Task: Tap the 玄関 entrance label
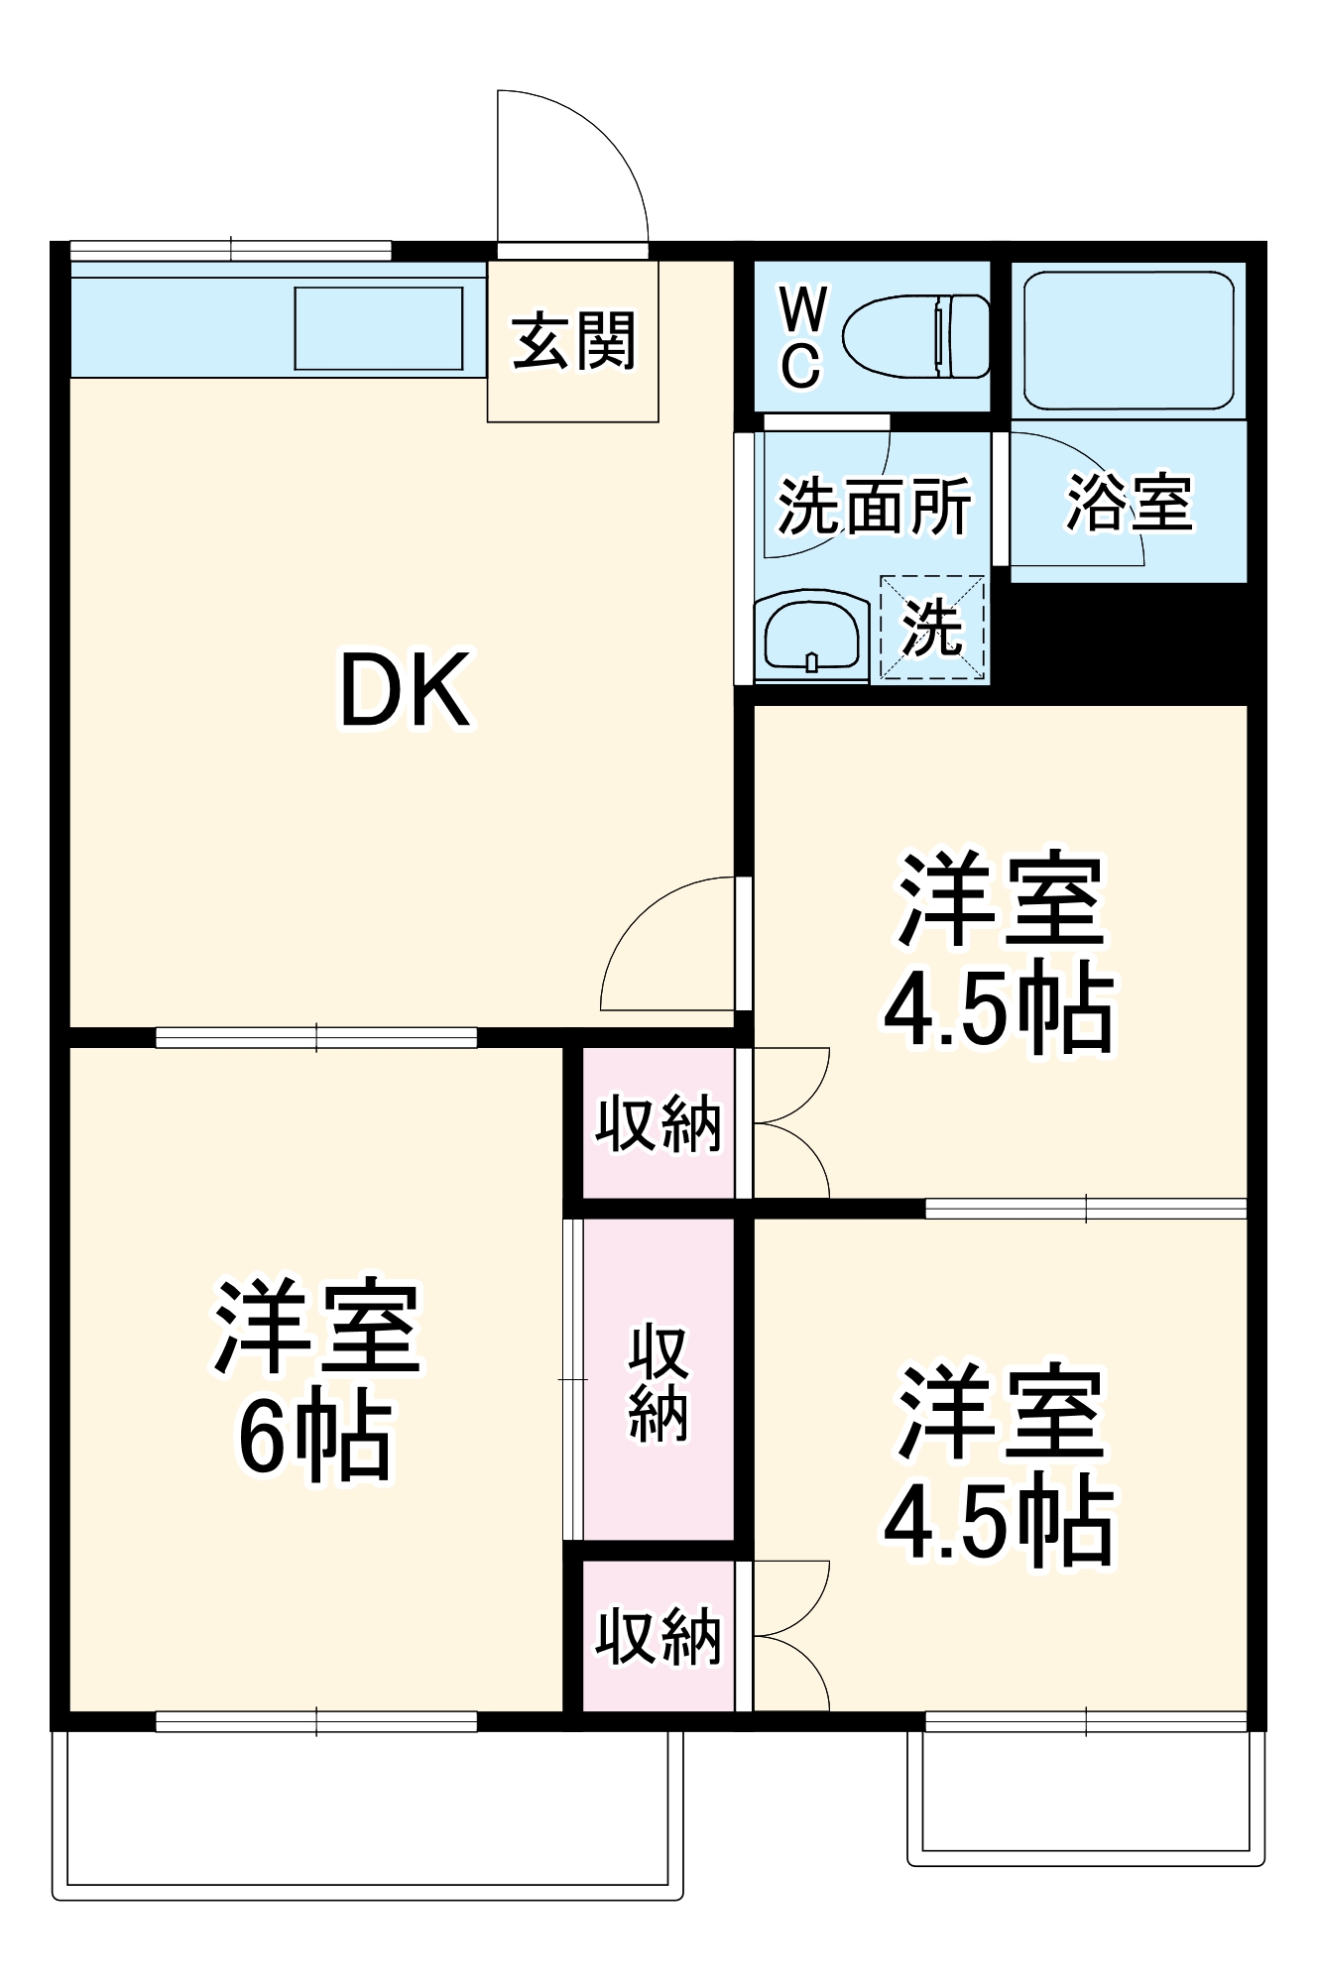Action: pyautogui.click(x=573, y=340)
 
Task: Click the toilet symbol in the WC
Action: pyautogui.click(x=916, y=336)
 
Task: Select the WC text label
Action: pyautogui.click(x=801, y=338)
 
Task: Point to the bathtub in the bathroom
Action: pyautogui.click(x=1129, y=340)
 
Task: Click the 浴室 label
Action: pyautogui.click(x=1129, y=502)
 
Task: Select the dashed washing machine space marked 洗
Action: pyautogui.click(x=932, y=628)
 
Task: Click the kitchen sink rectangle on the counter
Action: pyautogui.click(x=379, y=328)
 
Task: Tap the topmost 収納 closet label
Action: pyautogui.click(x=658, y=1124)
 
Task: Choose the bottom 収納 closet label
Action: pyautogui.click(x=658, y=1637)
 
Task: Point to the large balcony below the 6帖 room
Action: pyautogui.click(x=367, y=1809)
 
